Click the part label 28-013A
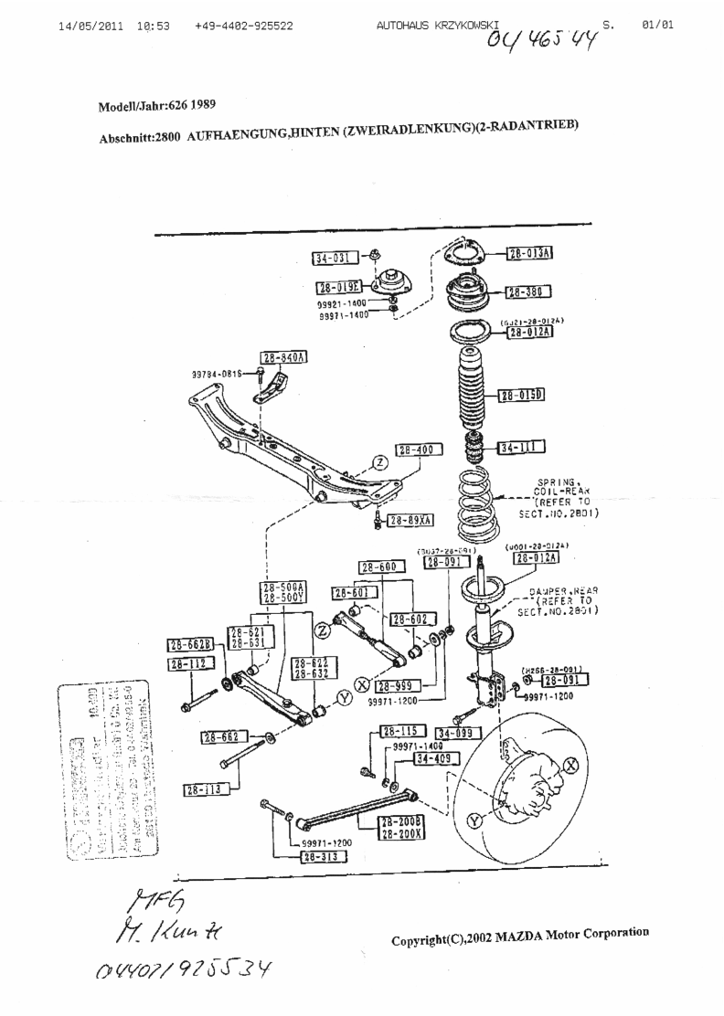pyautogui.click(x=532, y=253)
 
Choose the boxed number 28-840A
pyautogui.click(x=282, y=357)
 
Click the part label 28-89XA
pyautogui.click(x=410, y=521)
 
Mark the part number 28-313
pyautogui.click(x=325, y=857)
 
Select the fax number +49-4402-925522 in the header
pyautogui.click(x=244, y=26)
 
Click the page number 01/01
pyautogui.click(x=658, y=25)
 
